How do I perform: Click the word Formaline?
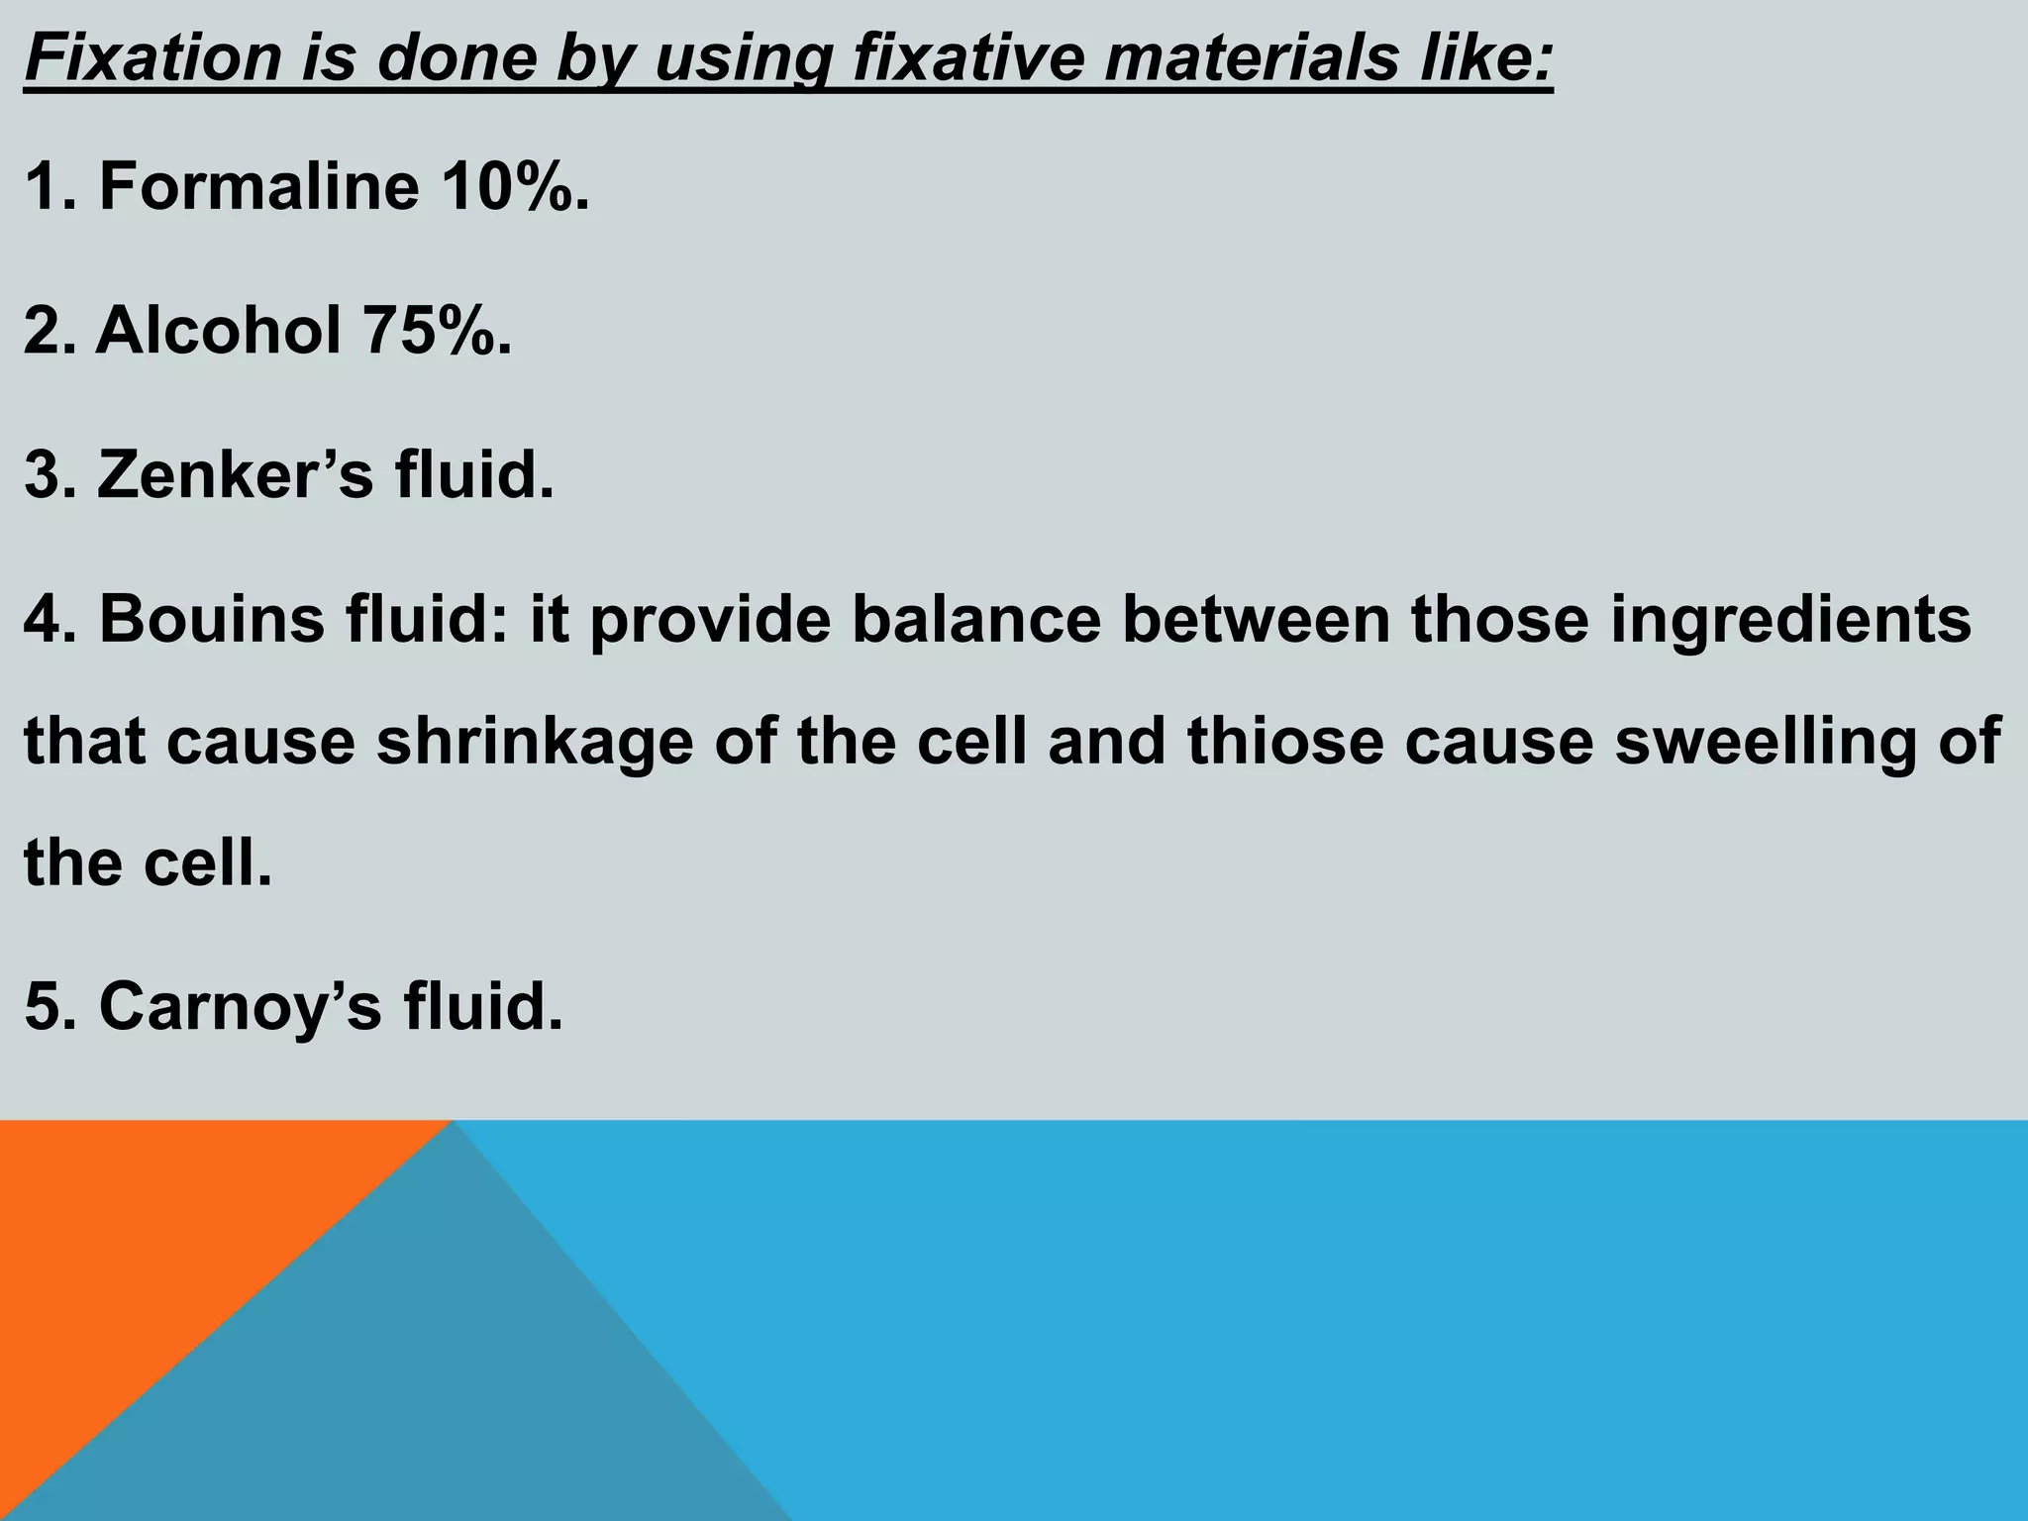click(x=258, y=185)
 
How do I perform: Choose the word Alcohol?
click(x=219, y=330)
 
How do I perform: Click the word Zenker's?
click(x=236, y=474)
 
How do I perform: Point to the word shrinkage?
click(x=535, y=742)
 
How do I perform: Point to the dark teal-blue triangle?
click(x=416, y=1386)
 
